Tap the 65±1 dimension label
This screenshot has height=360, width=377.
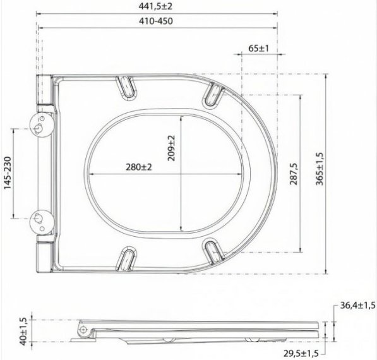pyautogui.click(x=259, y=49)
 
